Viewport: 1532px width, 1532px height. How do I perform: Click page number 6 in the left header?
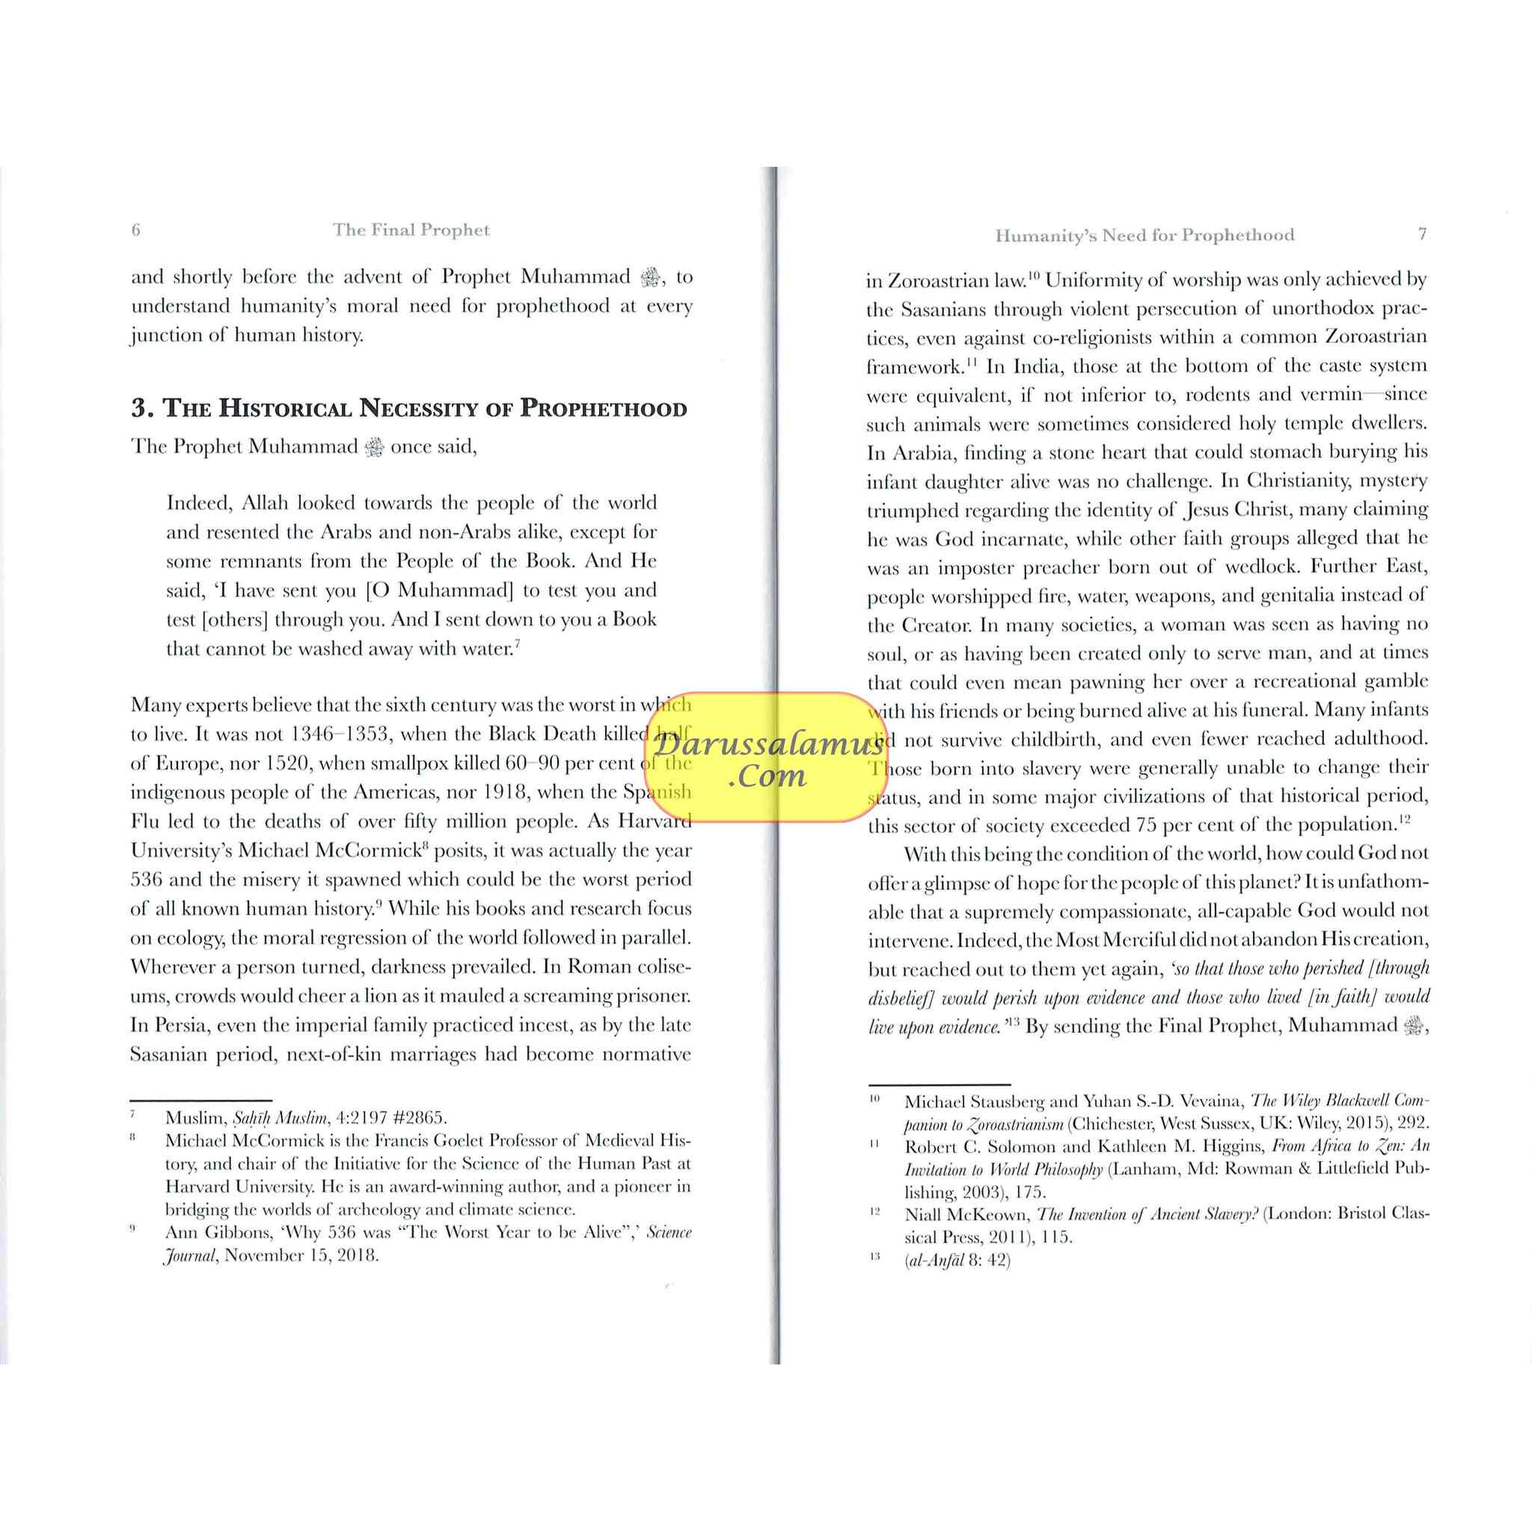coord(135,230)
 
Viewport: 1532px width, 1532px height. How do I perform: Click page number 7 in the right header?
coord(1422,234)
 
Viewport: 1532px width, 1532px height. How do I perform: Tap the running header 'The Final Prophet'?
coord(411,230)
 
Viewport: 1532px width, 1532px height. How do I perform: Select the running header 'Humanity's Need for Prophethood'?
coord(1145,235)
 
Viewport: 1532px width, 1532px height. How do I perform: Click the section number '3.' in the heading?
coord(143,408)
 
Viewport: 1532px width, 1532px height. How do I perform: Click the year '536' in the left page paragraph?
coord(147,880)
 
